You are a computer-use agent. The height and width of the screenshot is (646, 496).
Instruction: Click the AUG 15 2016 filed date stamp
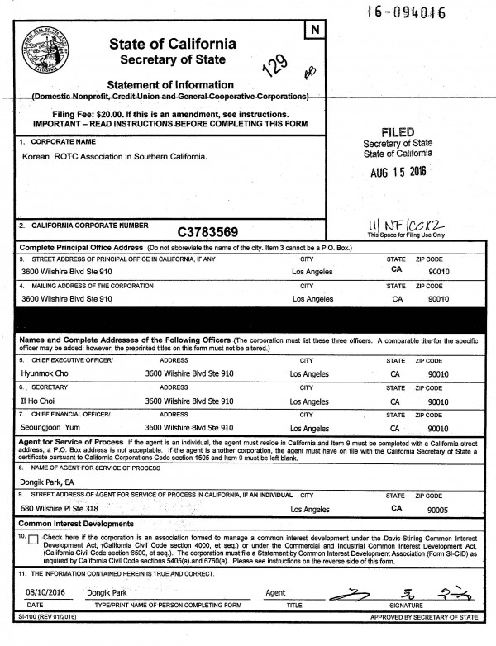tap(408, 173)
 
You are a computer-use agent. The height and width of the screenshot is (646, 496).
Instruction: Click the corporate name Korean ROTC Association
tap(114, 155)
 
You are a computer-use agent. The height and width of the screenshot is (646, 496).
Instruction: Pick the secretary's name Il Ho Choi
tap(39, 401)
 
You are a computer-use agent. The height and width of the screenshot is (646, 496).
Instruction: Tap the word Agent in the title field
tap(275, 593)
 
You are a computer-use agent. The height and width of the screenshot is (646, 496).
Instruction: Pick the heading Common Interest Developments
tap(76, 524)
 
